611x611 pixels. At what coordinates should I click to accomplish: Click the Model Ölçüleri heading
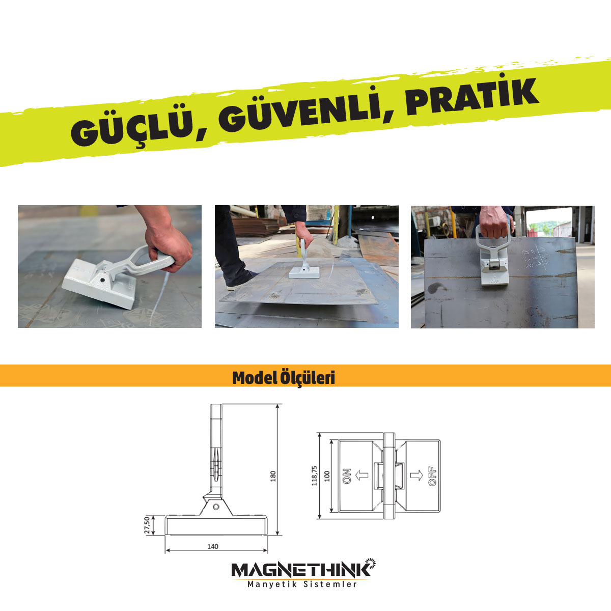[x=284, y=378]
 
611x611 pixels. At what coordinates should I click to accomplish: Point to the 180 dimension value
[x=273, y=476]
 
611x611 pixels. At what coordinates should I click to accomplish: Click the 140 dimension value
[x=213, y=546]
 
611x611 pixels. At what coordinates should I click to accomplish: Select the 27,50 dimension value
[x=147, y=525]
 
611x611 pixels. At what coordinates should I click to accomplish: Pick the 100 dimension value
[x=327, y=476]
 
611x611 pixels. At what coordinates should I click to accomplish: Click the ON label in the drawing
[x=347, y=476]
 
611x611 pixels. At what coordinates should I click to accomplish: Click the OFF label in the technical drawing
[x=432, y=476]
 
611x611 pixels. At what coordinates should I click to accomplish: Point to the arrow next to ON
[x=362, y=475]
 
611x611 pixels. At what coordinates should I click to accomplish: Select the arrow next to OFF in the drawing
[x=416, y=475]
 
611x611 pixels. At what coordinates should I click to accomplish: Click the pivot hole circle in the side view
[x=216, y=507]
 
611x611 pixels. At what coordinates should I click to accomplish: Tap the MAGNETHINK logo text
[x=300, y=570]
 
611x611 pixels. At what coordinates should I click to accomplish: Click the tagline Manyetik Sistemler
[x=302, y=584]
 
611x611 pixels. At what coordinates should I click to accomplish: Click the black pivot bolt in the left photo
[x=102, y=280]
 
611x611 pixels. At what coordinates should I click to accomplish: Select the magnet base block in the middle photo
[x=304, y=273]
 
